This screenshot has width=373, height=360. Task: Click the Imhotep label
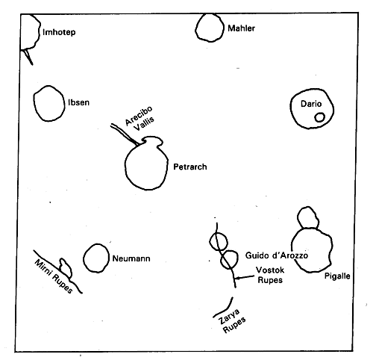coord(59,32)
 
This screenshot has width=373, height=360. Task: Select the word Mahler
coord(241,28)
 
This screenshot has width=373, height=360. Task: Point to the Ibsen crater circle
coord(34,102)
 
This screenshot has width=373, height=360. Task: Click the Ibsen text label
coord(78,102)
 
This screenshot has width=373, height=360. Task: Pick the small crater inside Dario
coord(319,117)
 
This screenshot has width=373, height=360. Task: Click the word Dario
coord(311,104)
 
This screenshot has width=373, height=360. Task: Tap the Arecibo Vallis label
coord(140,119)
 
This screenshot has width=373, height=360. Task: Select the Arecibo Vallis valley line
coord(125,134)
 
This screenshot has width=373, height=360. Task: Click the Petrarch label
coord(190,167)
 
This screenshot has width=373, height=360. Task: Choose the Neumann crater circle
coord(84,258)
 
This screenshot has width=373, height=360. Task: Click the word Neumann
coord(131,258)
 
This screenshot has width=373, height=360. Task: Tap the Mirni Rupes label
coord(54,276)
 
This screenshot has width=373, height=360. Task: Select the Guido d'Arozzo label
coord(277,255)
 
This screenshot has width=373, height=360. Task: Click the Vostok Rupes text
coord(270,275)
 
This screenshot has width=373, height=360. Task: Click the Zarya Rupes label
coord(232,321)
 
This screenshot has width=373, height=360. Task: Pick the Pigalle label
coord(337,276)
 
